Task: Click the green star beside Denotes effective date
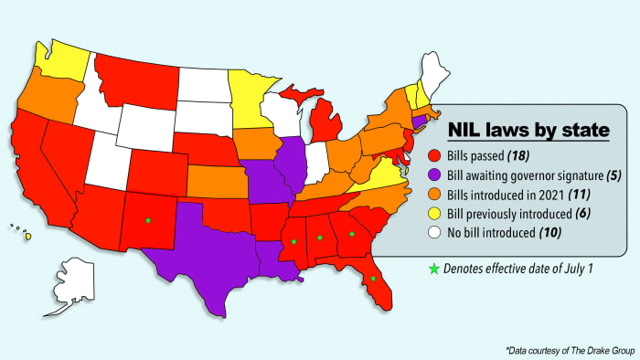(x=433, y=269)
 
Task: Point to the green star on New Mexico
(x=147, y=220)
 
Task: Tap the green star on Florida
(x=373, y=279)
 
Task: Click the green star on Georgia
(x=351, y=234)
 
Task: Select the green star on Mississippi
(x=294, y=242)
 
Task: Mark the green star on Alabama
(x=320, y=238)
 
